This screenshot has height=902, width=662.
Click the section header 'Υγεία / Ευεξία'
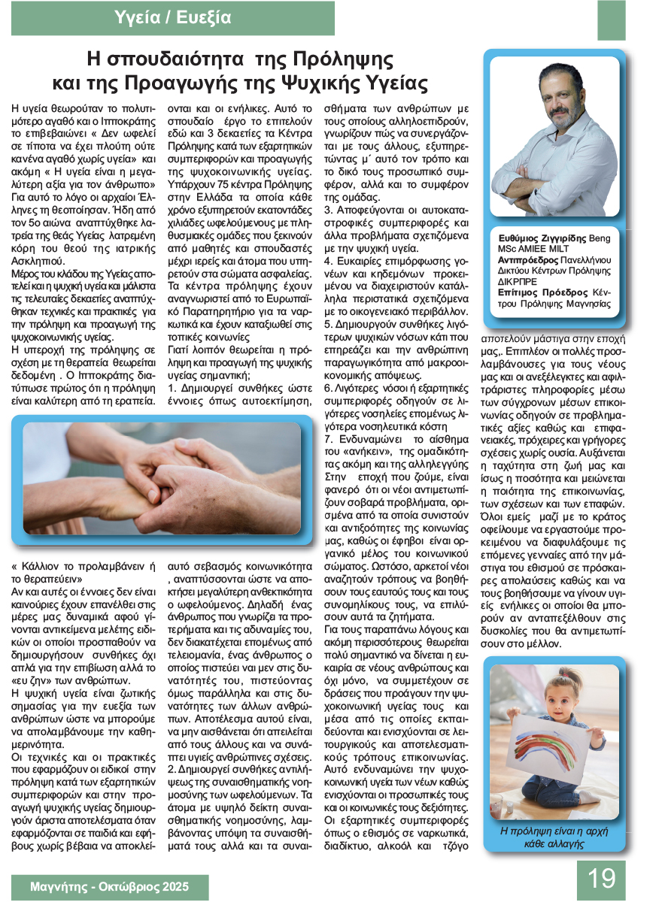173,17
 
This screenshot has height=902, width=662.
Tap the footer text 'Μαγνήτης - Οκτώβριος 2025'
110,886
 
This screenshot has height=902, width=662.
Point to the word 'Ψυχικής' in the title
318,82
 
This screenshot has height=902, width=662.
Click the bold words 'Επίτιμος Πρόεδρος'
527,292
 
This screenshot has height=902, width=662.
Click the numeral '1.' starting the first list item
172,388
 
